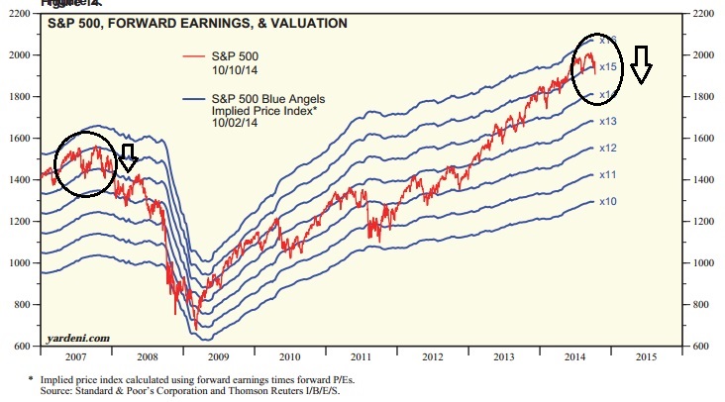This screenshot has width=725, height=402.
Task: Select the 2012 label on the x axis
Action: (434, 355)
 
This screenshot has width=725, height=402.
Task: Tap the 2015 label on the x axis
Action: (647, 355)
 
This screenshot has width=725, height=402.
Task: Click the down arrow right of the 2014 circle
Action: (642, 63)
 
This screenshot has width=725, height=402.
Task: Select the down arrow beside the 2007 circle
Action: (128, 156)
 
